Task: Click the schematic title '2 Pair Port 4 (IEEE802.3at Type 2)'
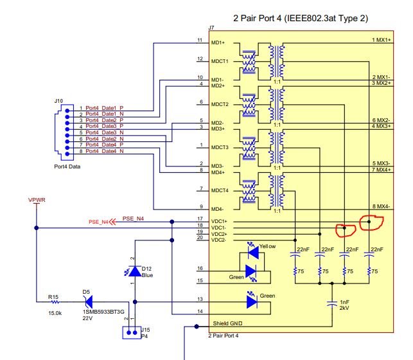coord(301,18)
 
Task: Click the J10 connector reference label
coord(58,101)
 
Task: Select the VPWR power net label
coord(37,200)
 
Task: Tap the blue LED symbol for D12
coord(135,271)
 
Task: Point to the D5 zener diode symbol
coord(89,302)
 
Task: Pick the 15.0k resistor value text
coord(55,313)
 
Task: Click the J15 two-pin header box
coord(132,333)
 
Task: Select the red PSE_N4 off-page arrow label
coord(102,222)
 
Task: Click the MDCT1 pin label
coord(220,61)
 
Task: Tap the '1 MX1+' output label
coord(381,40)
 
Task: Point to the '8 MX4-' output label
coord(381,206)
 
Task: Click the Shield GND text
coord(227,323)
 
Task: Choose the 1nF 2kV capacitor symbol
coord(332,303)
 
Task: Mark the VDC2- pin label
coord(218,240)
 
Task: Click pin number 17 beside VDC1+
coord(200,219)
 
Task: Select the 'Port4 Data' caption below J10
coord(67,166)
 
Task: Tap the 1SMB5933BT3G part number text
coord(103,312)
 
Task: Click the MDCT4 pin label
coord(220,190)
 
